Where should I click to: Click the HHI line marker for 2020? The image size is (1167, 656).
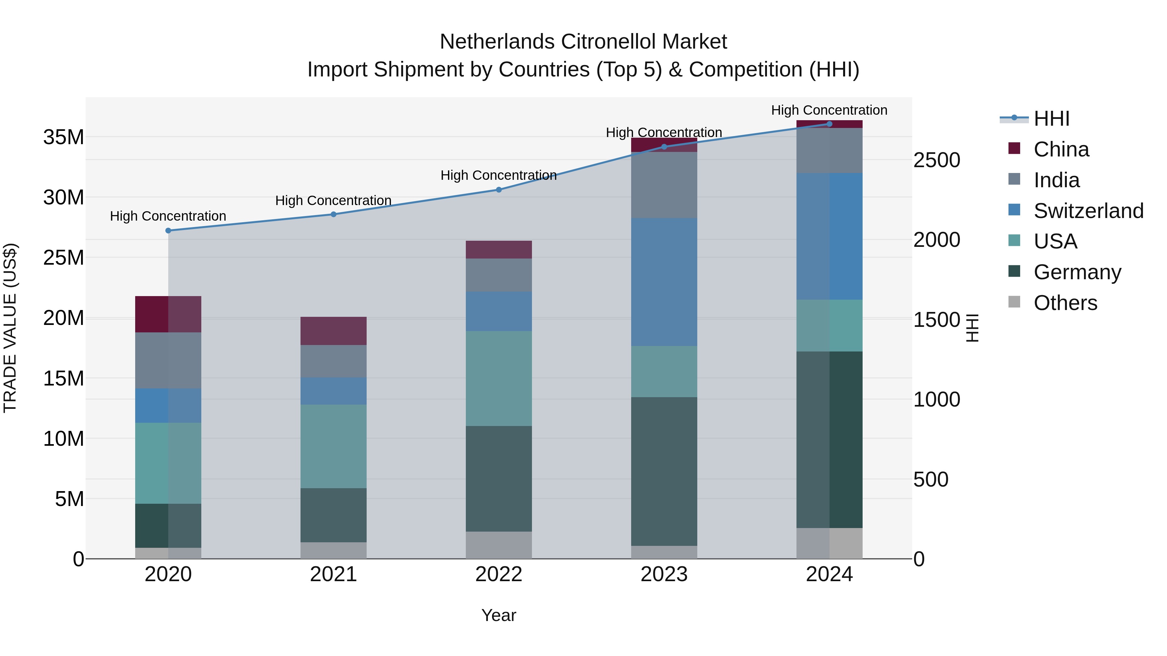[x=168, y=230]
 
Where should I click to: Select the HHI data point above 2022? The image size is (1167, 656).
[x=499, y=190]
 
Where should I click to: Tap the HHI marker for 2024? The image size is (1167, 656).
[x=830, y=124]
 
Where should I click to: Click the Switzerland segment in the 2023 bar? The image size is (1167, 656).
[x=664, y=282]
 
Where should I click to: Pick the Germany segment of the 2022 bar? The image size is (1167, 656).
[x=499, y=478]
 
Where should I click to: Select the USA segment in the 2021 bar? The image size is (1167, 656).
[x=334, y=446]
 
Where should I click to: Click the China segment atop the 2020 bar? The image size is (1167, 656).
[x=168, y=314]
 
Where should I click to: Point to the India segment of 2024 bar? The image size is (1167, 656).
[x=830, y=150]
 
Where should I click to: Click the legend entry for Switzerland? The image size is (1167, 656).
[x=1088, y=211]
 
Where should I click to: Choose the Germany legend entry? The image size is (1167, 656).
[x=1077, y=272]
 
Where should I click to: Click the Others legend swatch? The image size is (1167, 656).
[x=1014, y=302]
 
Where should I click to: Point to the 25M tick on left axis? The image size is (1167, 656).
[x=64, y=258]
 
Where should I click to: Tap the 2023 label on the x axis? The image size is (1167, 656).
[x=664, y=574]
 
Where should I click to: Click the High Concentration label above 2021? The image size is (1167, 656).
[x=334, y=201]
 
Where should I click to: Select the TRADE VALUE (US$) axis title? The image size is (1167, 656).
[x=10, y=328]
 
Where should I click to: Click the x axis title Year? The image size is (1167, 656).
[x=499, y=615]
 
